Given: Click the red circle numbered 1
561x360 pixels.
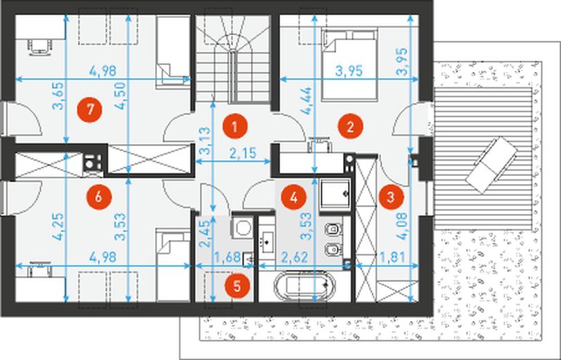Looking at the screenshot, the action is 234,127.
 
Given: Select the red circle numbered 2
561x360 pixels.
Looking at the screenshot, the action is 350,126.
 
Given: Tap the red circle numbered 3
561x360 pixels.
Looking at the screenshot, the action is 392,197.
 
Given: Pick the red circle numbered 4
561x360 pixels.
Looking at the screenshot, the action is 294,197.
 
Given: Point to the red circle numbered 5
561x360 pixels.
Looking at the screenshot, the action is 237,286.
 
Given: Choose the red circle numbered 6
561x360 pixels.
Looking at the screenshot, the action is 99,197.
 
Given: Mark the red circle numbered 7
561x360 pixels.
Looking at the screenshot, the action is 90,109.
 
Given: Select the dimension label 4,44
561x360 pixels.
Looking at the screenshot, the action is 306,101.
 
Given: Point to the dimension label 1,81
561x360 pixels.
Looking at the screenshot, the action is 392,257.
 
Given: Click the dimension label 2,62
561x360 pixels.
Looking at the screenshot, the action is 295,257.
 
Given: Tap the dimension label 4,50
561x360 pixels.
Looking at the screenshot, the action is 121,96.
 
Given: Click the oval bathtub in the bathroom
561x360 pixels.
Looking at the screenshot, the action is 305,285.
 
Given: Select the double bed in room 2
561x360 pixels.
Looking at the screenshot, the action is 349,64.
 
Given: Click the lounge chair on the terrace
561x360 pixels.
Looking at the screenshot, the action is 492,160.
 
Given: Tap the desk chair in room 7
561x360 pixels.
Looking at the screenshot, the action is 39,46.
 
